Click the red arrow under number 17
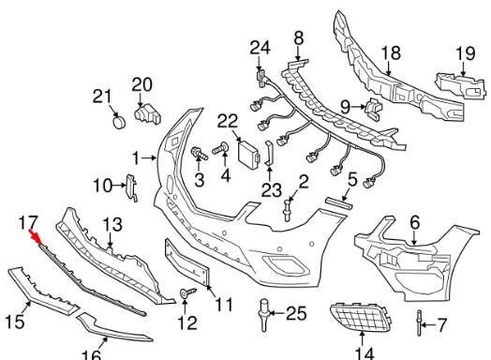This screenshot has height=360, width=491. [36, 237]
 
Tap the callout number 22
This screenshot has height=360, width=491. [228, 121]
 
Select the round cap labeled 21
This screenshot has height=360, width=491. [119, 122]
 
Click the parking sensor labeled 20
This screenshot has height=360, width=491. [147, 115]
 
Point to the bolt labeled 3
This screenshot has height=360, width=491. [200, 153]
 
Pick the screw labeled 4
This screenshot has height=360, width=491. [221, 148]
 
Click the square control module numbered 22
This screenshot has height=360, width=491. [249, 153]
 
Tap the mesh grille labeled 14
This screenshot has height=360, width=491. [361, 318]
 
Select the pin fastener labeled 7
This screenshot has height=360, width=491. [419, 322]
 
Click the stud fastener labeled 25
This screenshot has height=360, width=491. [264, 315]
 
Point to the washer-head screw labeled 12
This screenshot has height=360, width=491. [187, 292]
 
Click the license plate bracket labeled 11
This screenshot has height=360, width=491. [186, 262]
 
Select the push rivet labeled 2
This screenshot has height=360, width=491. [288, 211]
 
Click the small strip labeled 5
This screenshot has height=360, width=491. [339, 203]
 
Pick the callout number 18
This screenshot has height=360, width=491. [391, 52]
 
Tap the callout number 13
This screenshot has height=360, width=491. [112, 224]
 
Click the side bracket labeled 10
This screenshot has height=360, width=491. [131, 187]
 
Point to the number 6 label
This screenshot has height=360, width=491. [414, 223]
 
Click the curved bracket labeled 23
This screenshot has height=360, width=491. [269, 153]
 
